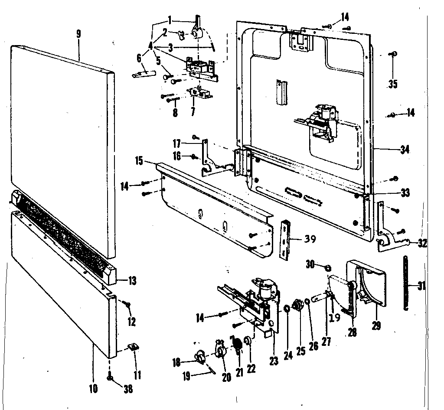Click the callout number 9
(78, 34)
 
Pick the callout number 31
(421, 286)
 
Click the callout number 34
(405, 150)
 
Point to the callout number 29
(376, 325)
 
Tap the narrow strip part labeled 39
(285, 239)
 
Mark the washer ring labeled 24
(287, 308)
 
